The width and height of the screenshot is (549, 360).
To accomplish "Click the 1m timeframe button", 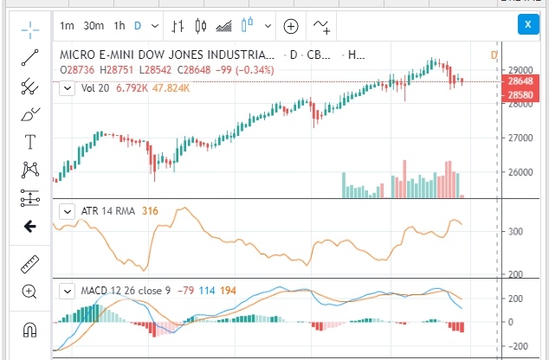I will (x=68, y=25).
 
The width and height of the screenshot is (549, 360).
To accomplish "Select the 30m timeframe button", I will (x=94, y=25).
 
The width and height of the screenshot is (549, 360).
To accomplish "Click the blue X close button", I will (x=526, y=24).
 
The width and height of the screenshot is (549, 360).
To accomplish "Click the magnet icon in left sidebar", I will (x=30, y=330).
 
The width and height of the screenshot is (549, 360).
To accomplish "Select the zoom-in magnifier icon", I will (x=30, y=292).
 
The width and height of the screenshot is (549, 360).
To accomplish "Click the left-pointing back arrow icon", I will (x=30, y=227).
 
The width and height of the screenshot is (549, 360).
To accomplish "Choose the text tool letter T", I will (x=30, y=142).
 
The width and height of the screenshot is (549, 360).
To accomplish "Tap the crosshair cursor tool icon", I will (x=30, y=30).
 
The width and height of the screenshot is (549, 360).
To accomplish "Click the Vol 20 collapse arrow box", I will (x=67, y=87).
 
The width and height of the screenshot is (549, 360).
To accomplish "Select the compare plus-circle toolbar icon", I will (x=290, y=25).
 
